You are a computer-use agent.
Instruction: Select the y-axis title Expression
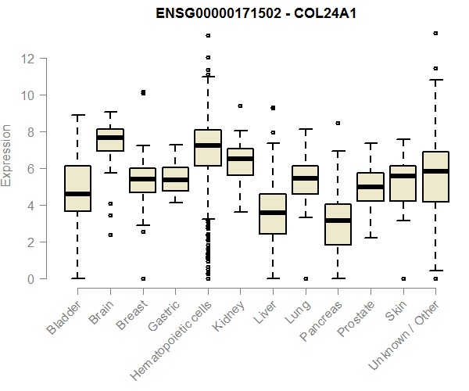[7, 156]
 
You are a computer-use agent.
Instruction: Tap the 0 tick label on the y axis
[30, 279]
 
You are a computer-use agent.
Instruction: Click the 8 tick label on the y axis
[30, 132]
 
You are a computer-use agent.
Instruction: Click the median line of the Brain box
[109, 138]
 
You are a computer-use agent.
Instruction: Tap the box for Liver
[272, 213]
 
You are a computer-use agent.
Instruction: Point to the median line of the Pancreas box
[337, 221]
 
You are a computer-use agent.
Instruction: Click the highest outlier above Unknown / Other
[435, 34]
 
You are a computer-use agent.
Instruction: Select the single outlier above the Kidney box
[240, 106]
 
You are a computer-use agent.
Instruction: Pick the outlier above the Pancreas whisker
[338, 123]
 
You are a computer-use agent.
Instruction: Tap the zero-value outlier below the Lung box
[306, 278]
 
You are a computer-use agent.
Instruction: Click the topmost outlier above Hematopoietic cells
[208, 35]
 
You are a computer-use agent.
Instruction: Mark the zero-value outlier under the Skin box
[403, 278]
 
